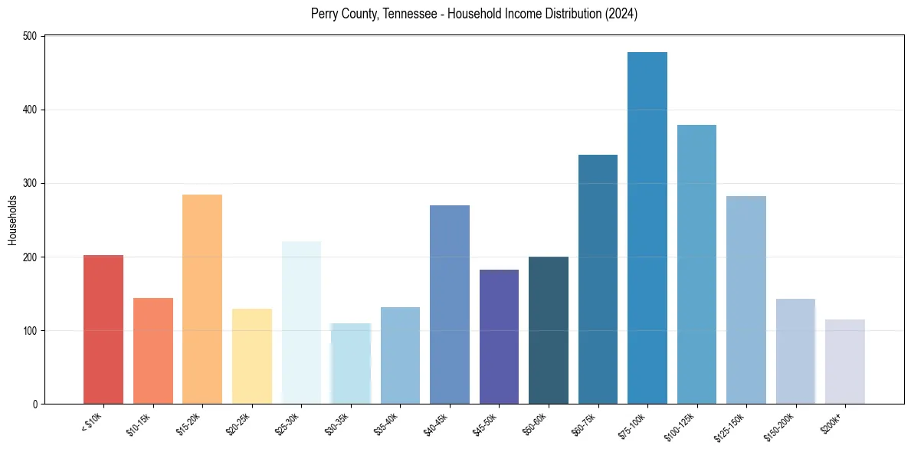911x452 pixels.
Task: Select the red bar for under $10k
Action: coord(103,329)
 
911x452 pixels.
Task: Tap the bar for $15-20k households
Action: coord(202,299)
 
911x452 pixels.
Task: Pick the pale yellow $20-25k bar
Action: coord(252,356)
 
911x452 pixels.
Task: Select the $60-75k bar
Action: coord(598,280)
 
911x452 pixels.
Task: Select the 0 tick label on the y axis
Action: coord(37,404)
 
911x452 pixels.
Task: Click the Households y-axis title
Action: coord(12,220)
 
